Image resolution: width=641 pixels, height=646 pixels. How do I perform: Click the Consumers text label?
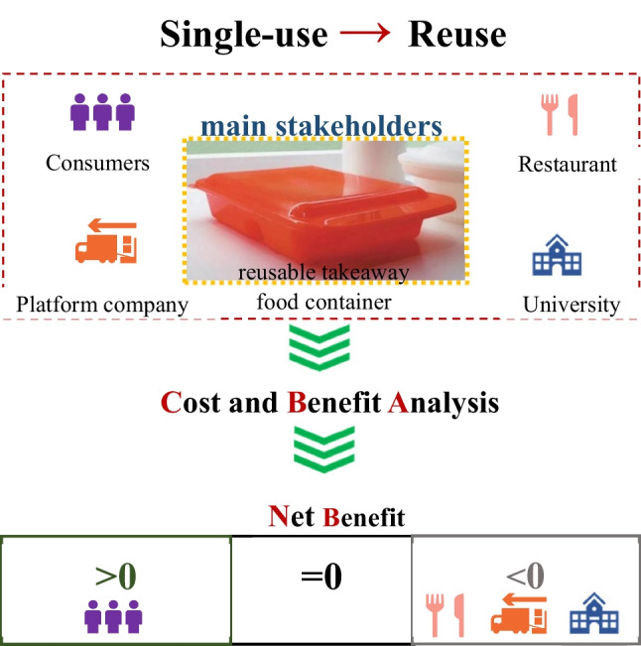pyautogui.click(x=97, y=162)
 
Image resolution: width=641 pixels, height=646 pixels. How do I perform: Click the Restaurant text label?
pyautogui.click(x=567, y=164)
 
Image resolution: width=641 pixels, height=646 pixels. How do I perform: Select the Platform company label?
pyautogui.click(x=103, y=304)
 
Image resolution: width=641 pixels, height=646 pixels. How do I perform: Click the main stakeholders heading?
pyautogui.click(x=320, y=127)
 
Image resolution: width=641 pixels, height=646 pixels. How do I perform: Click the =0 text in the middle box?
pyautogui.click(x=320, y=576)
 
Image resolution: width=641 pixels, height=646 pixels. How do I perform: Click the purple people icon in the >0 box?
pyautogui.click(x=112, y=617)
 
